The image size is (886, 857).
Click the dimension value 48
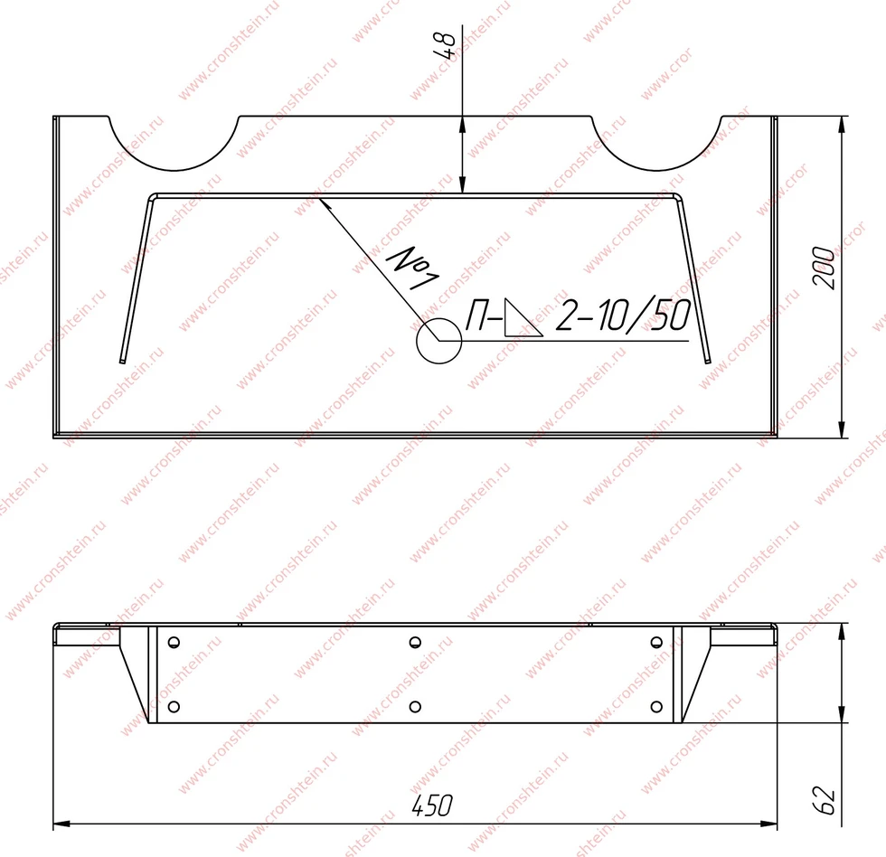point(444,45)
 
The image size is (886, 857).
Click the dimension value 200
point(824,268)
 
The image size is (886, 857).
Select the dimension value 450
point(432,805)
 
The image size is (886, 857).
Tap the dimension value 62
point(825,799)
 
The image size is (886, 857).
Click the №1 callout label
point(412,268)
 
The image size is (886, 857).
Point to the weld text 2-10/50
point(623,315)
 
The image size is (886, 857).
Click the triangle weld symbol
point(523,317)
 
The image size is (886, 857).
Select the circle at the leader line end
point(439,341)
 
